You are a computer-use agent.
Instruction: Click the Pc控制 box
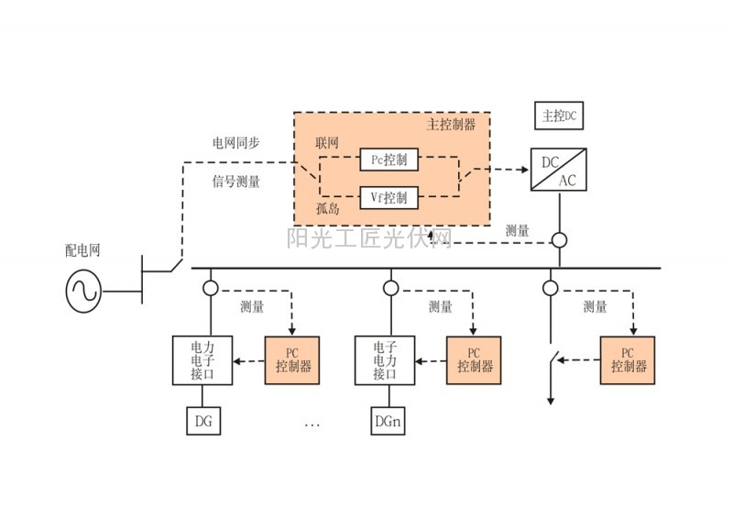tap(388, 160)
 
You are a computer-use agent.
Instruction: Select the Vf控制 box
tap(388, 196)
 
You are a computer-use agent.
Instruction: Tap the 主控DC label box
tap(559, 116)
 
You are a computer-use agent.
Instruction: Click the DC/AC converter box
tap(559, 169)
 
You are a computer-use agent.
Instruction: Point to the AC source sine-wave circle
tap(82, 291)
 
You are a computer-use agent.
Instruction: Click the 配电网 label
tap(83, 249)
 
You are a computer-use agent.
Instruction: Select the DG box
tap(203, 422)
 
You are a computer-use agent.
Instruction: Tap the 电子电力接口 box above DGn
tap(384, 361)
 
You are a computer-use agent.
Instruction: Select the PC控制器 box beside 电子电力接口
tap(475, 359)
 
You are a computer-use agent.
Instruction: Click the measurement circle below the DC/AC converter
tap(559, 240)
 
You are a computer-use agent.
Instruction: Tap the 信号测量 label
tap(235, 182)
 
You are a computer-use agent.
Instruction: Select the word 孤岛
tap(328, 209)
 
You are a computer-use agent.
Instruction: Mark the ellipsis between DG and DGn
tap(312, 424)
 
